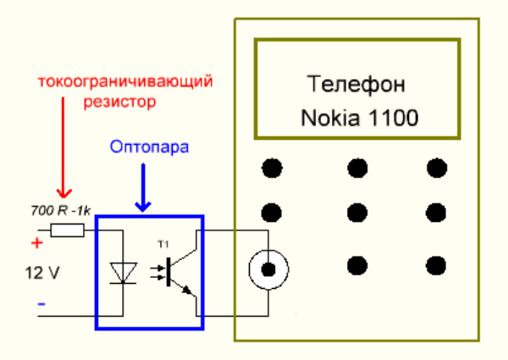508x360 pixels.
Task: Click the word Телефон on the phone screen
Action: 356,86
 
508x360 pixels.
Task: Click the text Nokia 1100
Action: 359,118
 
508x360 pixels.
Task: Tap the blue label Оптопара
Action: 149,146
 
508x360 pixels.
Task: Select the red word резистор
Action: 121,102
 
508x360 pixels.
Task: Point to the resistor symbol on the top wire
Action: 67,229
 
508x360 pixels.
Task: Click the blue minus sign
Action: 40,303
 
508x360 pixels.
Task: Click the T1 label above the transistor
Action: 164,244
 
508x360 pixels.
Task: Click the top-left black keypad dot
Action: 271,168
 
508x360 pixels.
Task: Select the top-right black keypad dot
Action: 435,168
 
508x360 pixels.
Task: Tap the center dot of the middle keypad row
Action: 356,211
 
